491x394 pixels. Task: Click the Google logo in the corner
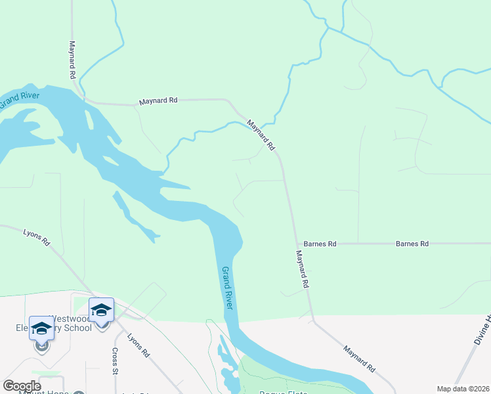tap(22, 386)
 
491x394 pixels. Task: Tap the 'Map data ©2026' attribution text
tap(462, 389)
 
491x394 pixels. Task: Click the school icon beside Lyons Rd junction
tap(101, 311)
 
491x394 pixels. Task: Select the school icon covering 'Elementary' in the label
tap(41, 329)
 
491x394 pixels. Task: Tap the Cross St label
tap(115, 362)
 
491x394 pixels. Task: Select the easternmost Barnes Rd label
tap(412, 244)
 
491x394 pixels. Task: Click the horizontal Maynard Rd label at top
tap(158, 101)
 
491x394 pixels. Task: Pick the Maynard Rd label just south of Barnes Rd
tap(302, 270)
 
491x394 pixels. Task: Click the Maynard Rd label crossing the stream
tap(261, 135)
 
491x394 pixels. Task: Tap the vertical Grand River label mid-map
tap(228, 289)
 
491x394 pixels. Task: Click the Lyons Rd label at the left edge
tap(37, 237)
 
